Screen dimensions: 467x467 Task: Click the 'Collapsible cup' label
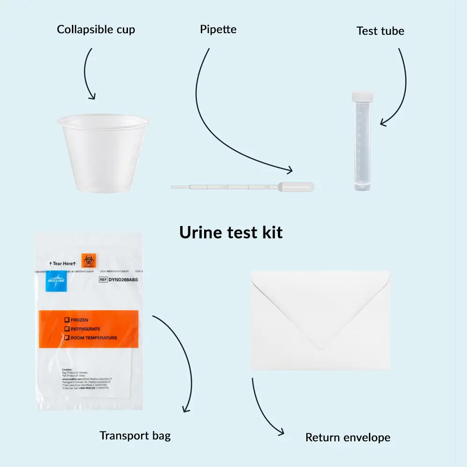96,29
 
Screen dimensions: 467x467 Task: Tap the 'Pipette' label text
218,29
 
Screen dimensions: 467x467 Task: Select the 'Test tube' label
380,31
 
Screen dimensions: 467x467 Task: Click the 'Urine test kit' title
231,232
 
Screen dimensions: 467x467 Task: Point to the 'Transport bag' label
135,436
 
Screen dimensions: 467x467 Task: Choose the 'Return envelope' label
347,438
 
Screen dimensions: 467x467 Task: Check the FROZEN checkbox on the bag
67,320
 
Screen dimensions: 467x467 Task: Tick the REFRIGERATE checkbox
67,329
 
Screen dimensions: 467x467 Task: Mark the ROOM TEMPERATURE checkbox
67,338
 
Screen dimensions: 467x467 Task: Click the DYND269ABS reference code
123,280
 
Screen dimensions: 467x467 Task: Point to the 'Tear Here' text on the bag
64,263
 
